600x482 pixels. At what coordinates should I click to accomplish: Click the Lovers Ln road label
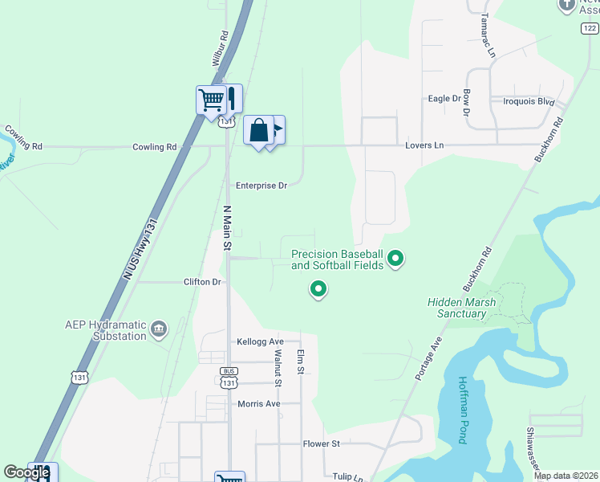pyautogui.click(x=424, y=145)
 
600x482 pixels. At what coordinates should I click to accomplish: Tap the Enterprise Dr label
pyautogui.click(x=261, y=185)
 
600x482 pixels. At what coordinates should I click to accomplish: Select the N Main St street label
pyautogui.click(x=227, y=227)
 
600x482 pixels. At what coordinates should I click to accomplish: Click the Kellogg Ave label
pyautogui.click(x=261, y=341)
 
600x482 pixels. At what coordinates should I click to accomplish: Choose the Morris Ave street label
pyautogui.click(x=259, y=403)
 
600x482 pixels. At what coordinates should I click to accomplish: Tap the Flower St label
pyautogui.click(x=322, y=443)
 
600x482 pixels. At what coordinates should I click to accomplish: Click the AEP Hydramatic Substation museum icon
pyautogui.click(x=159, y=329)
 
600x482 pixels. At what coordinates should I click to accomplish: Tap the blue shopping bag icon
pyautogui.click(x=259, y=130)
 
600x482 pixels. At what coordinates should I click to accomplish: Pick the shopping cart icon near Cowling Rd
pyautogui.click(x=211, y=100)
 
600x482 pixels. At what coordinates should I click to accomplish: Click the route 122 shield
pyautogui.click(x=589, y=27)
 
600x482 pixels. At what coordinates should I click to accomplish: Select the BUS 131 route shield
pyautogui.click(x=229, y=378)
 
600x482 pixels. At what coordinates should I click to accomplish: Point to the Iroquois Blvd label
pyautogui.click(x=529, y=102)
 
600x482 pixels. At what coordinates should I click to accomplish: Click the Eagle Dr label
pyautogui.click(x=444, y=99)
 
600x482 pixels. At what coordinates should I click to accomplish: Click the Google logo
pyautogui.click(x=26, y=472)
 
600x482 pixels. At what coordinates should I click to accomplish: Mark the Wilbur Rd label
pyautogui.click(x=221, y=48)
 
